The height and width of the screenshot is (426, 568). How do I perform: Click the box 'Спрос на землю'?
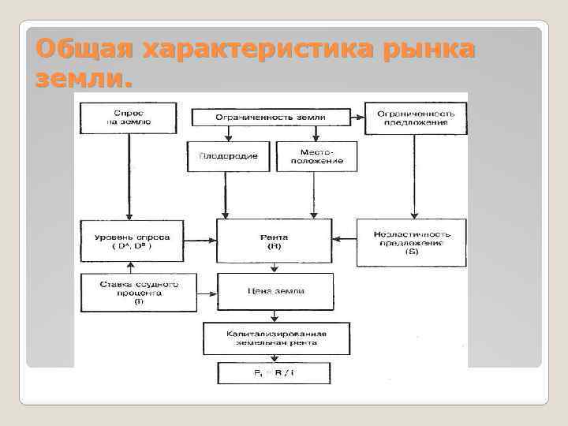click(x=126, y=118)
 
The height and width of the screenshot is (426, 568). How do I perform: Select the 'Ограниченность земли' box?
click(x=271, y=118)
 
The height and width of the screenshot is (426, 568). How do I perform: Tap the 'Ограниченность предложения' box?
click(x=415, y=118)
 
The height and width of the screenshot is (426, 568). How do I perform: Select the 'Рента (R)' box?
click(x=273, y=241)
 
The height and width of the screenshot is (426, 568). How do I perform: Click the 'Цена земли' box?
click(x=273, y=291)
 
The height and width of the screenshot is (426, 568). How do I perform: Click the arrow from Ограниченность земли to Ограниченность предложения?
click(x=356, y=118)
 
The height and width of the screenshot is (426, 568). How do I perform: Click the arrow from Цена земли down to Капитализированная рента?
click(x=273, y=316)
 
